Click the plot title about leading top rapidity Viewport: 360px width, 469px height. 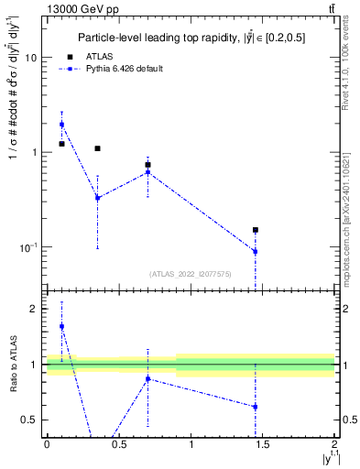click(x=193, y=38)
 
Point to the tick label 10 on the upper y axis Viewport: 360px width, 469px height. click(x=30, y=57)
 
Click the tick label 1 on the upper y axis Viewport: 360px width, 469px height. click(x=34, y=152)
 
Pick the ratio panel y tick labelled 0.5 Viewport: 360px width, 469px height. click(x=30, y=420)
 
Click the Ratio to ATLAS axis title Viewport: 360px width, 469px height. click(x=14, y=364)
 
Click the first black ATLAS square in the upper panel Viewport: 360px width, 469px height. click(x=61, y=144)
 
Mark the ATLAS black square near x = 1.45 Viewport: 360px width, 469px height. click(x=256, y=230)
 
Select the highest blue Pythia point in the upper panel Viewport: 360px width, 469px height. click(x=61, y=125)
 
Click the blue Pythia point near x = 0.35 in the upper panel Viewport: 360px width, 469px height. click(x=97, y=197)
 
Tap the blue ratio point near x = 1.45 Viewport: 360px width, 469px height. click(x=256, y=407)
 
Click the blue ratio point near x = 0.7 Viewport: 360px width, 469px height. click(x=147, y=378)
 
